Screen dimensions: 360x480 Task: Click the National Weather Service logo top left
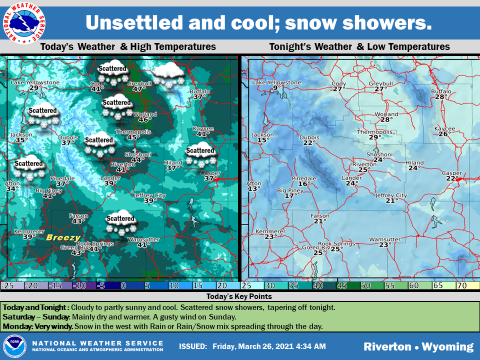[x=24, y=22]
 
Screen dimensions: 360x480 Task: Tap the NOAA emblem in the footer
[x=13, y=346]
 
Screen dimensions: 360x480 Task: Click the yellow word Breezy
[x=63, y=238]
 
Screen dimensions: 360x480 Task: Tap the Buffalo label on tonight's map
[x=441, y=91]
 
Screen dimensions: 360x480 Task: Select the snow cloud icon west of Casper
[x=200, y=156]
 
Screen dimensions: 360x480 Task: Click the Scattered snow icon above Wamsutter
[x=120, y=224]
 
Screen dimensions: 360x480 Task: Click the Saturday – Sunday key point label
[x=36, y=317]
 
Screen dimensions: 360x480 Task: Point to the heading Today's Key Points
[x=239, y=296]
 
